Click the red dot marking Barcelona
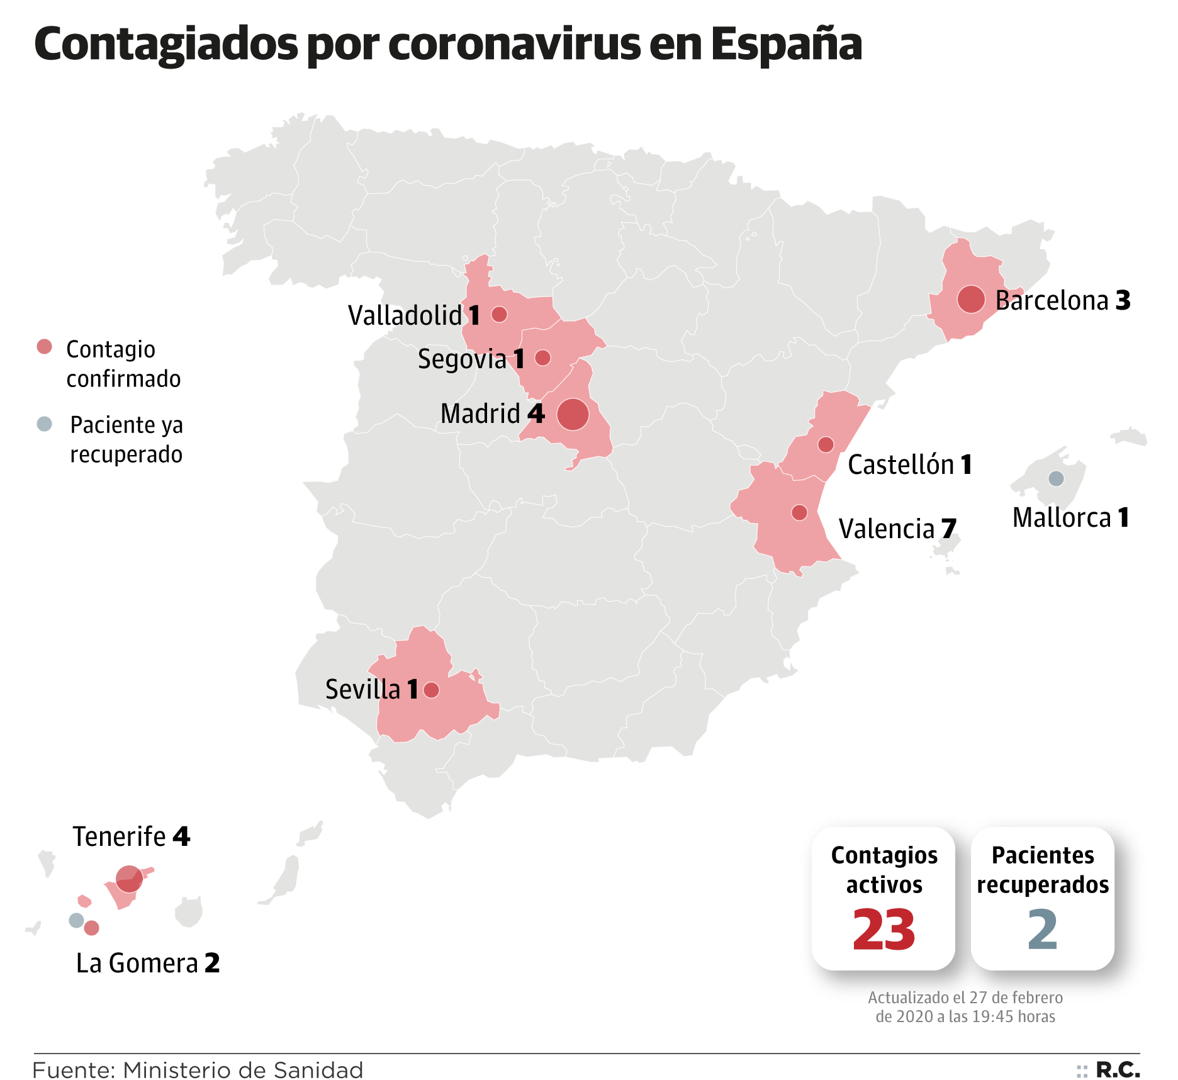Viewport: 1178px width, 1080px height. (970, 299)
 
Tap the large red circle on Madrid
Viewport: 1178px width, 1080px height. (573, 414)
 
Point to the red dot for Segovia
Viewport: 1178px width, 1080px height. (542, 357)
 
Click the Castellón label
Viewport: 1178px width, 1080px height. (900, 465)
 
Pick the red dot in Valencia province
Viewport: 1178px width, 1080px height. (799, 512)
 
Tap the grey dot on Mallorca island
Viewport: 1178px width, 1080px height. (1056, 478)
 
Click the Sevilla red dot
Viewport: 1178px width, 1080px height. (431, 690)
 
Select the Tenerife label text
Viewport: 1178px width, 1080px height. (119, 837)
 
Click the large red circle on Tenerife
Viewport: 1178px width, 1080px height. (129, 879)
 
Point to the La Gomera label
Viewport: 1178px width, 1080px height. (137, 964)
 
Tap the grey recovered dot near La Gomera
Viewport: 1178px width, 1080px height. (76, 920)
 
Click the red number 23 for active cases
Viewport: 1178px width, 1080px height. (883, 930)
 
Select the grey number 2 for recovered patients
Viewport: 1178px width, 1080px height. (1042, 930)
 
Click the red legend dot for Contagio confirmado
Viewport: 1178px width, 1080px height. (44, 347)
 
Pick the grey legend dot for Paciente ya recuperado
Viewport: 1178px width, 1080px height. (44, 424)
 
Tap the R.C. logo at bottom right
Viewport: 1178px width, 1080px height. (1118, 1069)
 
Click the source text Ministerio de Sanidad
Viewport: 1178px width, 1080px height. (243, 1070)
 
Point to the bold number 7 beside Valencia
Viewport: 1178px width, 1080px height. (949, 529)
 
